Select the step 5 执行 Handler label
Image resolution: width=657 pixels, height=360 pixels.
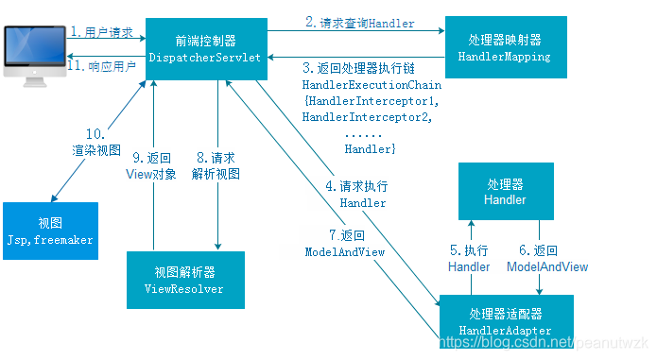(x=469, y=259)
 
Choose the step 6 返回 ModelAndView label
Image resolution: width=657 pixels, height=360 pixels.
(x=547, y=259)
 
